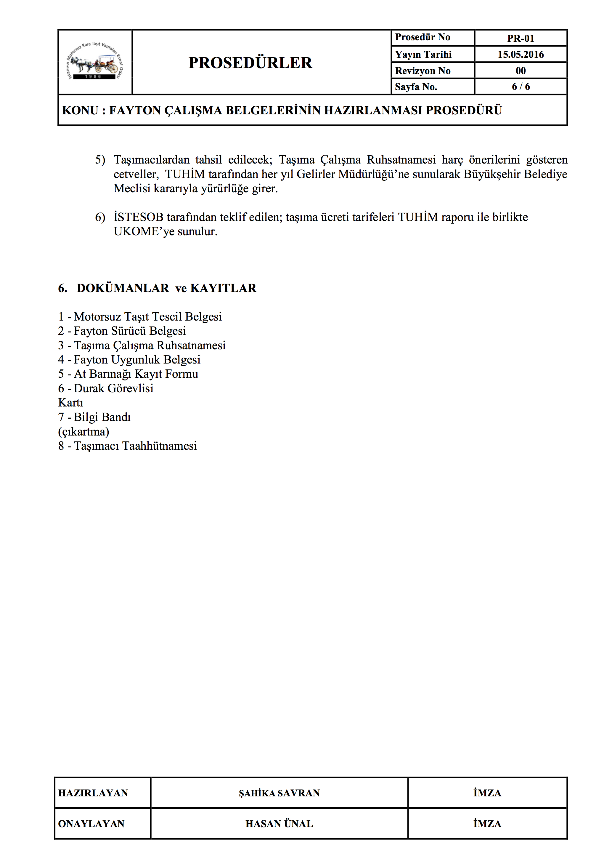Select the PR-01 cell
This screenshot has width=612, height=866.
(521, 38)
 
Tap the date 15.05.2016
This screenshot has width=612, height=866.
(521, 54)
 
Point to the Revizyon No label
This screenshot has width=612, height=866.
(423, 71)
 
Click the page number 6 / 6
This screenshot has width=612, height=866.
(521, 87)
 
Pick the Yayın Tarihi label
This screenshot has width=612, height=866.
(423, 54)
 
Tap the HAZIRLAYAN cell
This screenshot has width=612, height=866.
(93, 793)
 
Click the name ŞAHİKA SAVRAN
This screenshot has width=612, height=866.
(279, 793)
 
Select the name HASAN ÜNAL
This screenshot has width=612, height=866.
(279, 824)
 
